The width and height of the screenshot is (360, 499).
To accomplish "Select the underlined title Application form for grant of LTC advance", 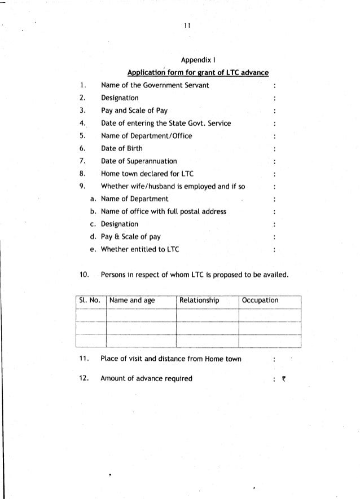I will (197, 73).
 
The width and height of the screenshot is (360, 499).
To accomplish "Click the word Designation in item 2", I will (120, 98).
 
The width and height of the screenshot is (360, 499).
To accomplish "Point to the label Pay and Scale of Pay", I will (134, 111).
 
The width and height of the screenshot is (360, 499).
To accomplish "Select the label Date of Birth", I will (122, 148).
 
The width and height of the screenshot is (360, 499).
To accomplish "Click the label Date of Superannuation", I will (139, 161).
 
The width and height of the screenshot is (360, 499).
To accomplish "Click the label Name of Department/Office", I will (147, 136).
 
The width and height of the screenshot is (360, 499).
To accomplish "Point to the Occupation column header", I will (260, 301).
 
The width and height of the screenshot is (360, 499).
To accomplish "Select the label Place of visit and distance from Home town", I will (171, 359).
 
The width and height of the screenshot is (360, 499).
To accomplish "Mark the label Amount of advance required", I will (146, 378).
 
